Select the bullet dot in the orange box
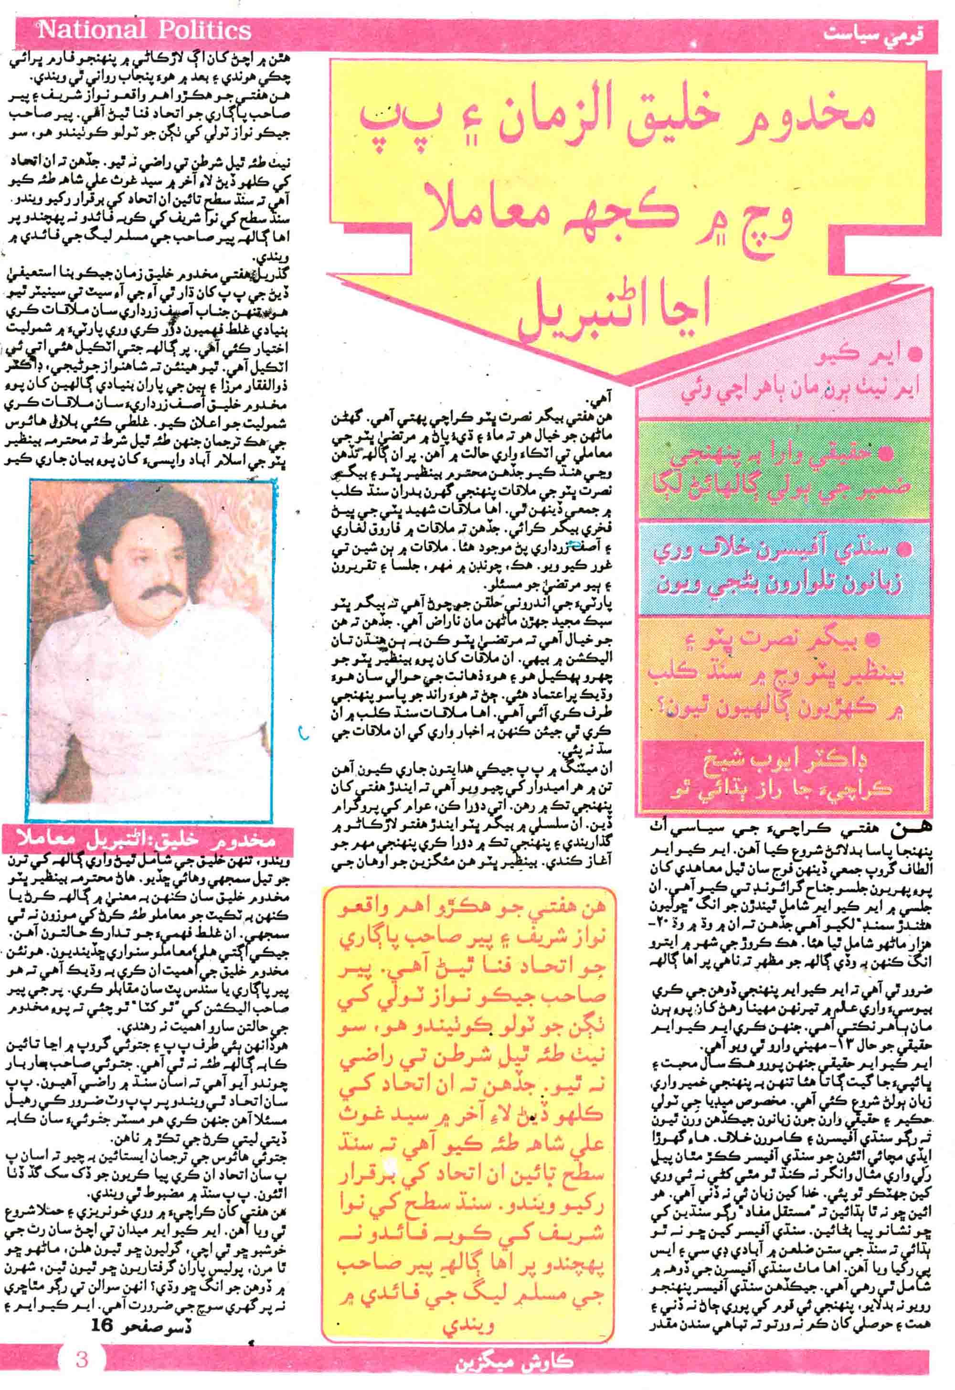tap(876, 641)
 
